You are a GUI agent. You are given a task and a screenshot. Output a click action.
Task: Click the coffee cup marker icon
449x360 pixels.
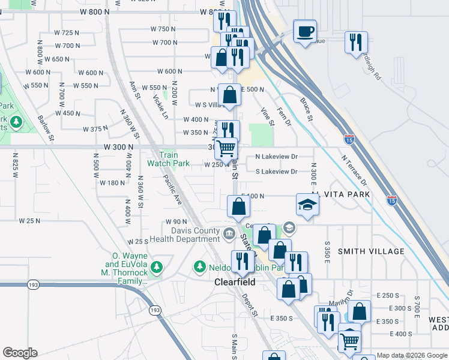click(305, 30)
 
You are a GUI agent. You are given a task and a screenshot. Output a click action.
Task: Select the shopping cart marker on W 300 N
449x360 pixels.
click(226, 148)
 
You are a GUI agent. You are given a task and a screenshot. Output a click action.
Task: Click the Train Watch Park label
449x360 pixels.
click(169, 159)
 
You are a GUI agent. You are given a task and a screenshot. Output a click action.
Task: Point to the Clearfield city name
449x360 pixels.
click(235, 282)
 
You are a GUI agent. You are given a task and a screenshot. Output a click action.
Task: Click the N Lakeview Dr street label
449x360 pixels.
click(276, 157)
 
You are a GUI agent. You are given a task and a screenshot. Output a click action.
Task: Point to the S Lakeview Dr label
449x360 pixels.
click(276, 172)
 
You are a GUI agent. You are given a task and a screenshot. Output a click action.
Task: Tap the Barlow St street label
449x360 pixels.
click(46, 128)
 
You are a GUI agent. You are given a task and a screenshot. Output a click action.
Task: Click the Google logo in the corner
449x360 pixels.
click(20, 353)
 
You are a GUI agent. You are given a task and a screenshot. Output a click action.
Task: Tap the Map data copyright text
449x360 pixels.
click(412, 355)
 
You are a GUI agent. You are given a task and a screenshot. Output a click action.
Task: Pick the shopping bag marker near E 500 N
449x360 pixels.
click(229, 94)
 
